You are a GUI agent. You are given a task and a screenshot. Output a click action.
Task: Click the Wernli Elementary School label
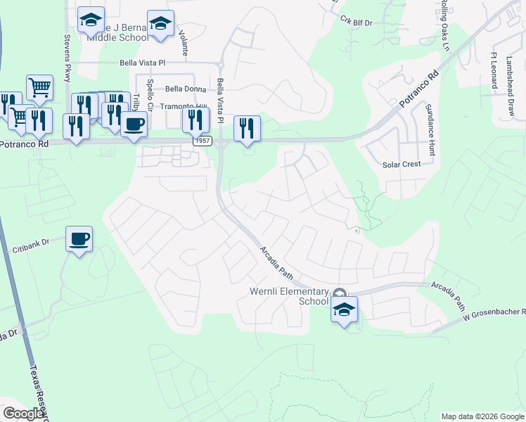coord(289,296)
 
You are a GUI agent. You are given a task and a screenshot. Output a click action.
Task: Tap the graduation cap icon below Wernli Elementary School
coord(344,309)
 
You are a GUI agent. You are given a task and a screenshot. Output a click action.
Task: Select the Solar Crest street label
coord(401,164)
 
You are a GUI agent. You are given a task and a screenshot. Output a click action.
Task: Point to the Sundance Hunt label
coord(430,129)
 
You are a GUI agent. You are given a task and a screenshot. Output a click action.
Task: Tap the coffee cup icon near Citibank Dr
coord(79,238)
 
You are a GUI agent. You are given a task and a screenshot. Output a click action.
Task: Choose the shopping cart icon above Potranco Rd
coord(40,87)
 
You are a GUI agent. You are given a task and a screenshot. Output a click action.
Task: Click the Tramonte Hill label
coord(184,107)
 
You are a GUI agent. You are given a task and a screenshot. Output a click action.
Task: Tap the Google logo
coord(23,413)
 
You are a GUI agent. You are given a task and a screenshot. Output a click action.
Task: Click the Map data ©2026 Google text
coord(482,416)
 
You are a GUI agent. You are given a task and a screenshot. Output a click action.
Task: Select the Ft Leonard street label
coord(494,68)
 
